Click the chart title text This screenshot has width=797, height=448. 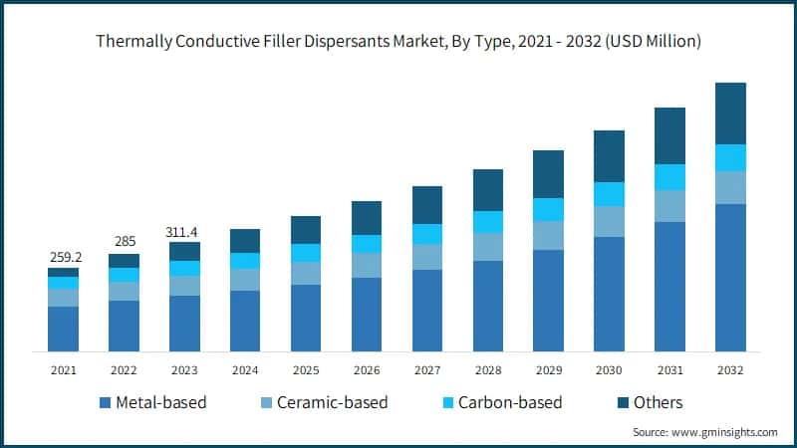click(398, 42)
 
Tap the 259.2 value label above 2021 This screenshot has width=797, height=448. click(64, 256)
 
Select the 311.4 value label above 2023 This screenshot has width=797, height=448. click(184, 231)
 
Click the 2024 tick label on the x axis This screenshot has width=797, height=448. click(245, 370)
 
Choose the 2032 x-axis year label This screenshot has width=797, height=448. click(730, 370)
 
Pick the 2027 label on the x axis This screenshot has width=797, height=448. click(427, 370)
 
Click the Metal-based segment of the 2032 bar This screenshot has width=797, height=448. click(730, 278)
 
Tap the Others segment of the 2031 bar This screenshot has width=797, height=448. click(669, 135)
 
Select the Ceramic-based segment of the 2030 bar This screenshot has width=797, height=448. click(609, 221)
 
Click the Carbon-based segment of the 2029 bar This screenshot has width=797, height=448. click(548, 209)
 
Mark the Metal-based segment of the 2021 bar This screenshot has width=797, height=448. click(64, 329)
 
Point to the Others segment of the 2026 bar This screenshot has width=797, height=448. click(367, 218)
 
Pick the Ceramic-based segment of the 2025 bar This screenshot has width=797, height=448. click(306, 273)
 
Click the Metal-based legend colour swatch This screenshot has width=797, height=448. click(105, 403)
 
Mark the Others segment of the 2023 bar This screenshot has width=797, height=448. click(184, 251)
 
